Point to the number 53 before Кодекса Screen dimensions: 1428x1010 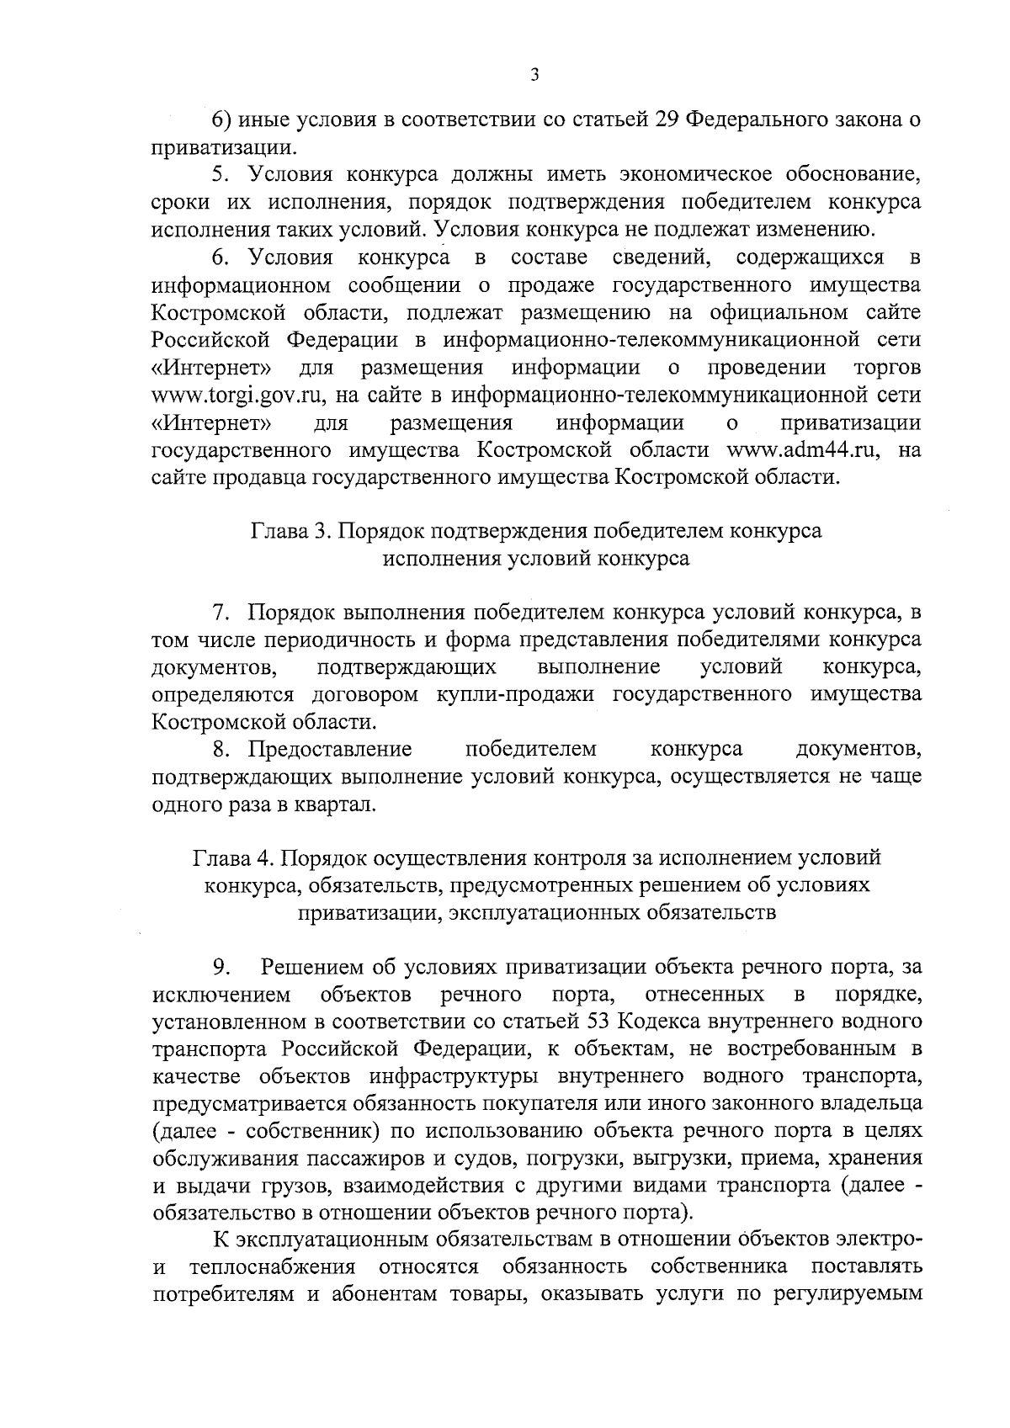pyautogui.click(x=598, y=1022)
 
